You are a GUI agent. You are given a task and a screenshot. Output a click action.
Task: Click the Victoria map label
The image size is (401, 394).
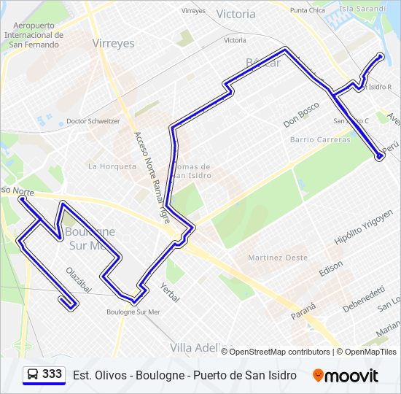(x=236, y=14)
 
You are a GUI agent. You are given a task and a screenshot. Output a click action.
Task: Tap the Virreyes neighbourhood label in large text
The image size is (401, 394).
(x=114, y=43)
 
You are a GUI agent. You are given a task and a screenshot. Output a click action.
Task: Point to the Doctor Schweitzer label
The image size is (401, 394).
(x=93, y=121)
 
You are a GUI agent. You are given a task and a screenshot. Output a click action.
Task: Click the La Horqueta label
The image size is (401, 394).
(x=112, y=166)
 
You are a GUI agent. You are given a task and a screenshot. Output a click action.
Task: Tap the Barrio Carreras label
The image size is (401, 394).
(x=320, y=139)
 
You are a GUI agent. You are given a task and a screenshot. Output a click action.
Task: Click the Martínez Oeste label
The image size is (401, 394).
(x=278, y=258)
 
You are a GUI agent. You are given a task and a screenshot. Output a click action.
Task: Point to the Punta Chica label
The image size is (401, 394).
(x=308, y=10)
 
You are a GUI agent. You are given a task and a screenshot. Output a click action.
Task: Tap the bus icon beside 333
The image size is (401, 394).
(x=33, y=375)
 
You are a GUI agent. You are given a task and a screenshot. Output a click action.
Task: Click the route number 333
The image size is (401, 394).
(x=52, y=374)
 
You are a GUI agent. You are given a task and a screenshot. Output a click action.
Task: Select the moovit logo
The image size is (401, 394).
(x=346, y=376)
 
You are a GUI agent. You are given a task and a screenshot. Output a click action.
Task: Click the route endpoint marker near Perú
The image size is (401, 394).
(x=378, y=155)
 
